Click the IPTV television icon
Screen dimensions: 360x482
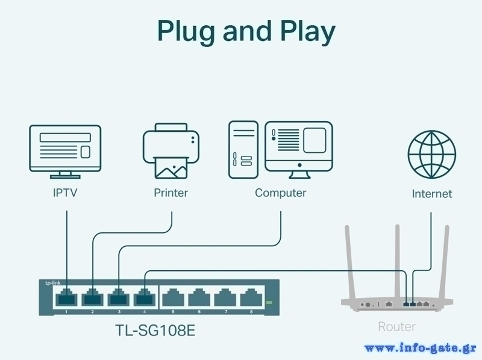65,151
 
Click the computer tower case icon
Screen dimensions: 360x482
243,149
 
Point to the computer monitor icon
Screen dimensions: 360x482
299,149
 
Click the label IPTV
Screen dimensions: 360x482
65,193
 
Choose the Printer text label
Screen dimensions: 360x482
171,193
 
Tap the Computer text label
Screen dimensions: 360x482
280,193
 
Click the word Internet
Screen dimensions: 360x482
431,194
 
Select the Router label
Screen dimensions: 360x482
396,327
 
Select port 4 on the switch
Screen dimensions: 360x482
145,297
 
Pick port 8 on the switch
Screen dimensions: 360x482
251,297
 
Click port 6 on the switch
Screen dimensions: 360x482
198,297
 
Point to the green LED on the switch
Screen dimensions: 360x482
269,302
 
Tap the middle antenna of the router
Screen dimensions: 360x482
397,259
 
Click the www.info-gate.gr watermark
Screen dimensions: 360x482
421,348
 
